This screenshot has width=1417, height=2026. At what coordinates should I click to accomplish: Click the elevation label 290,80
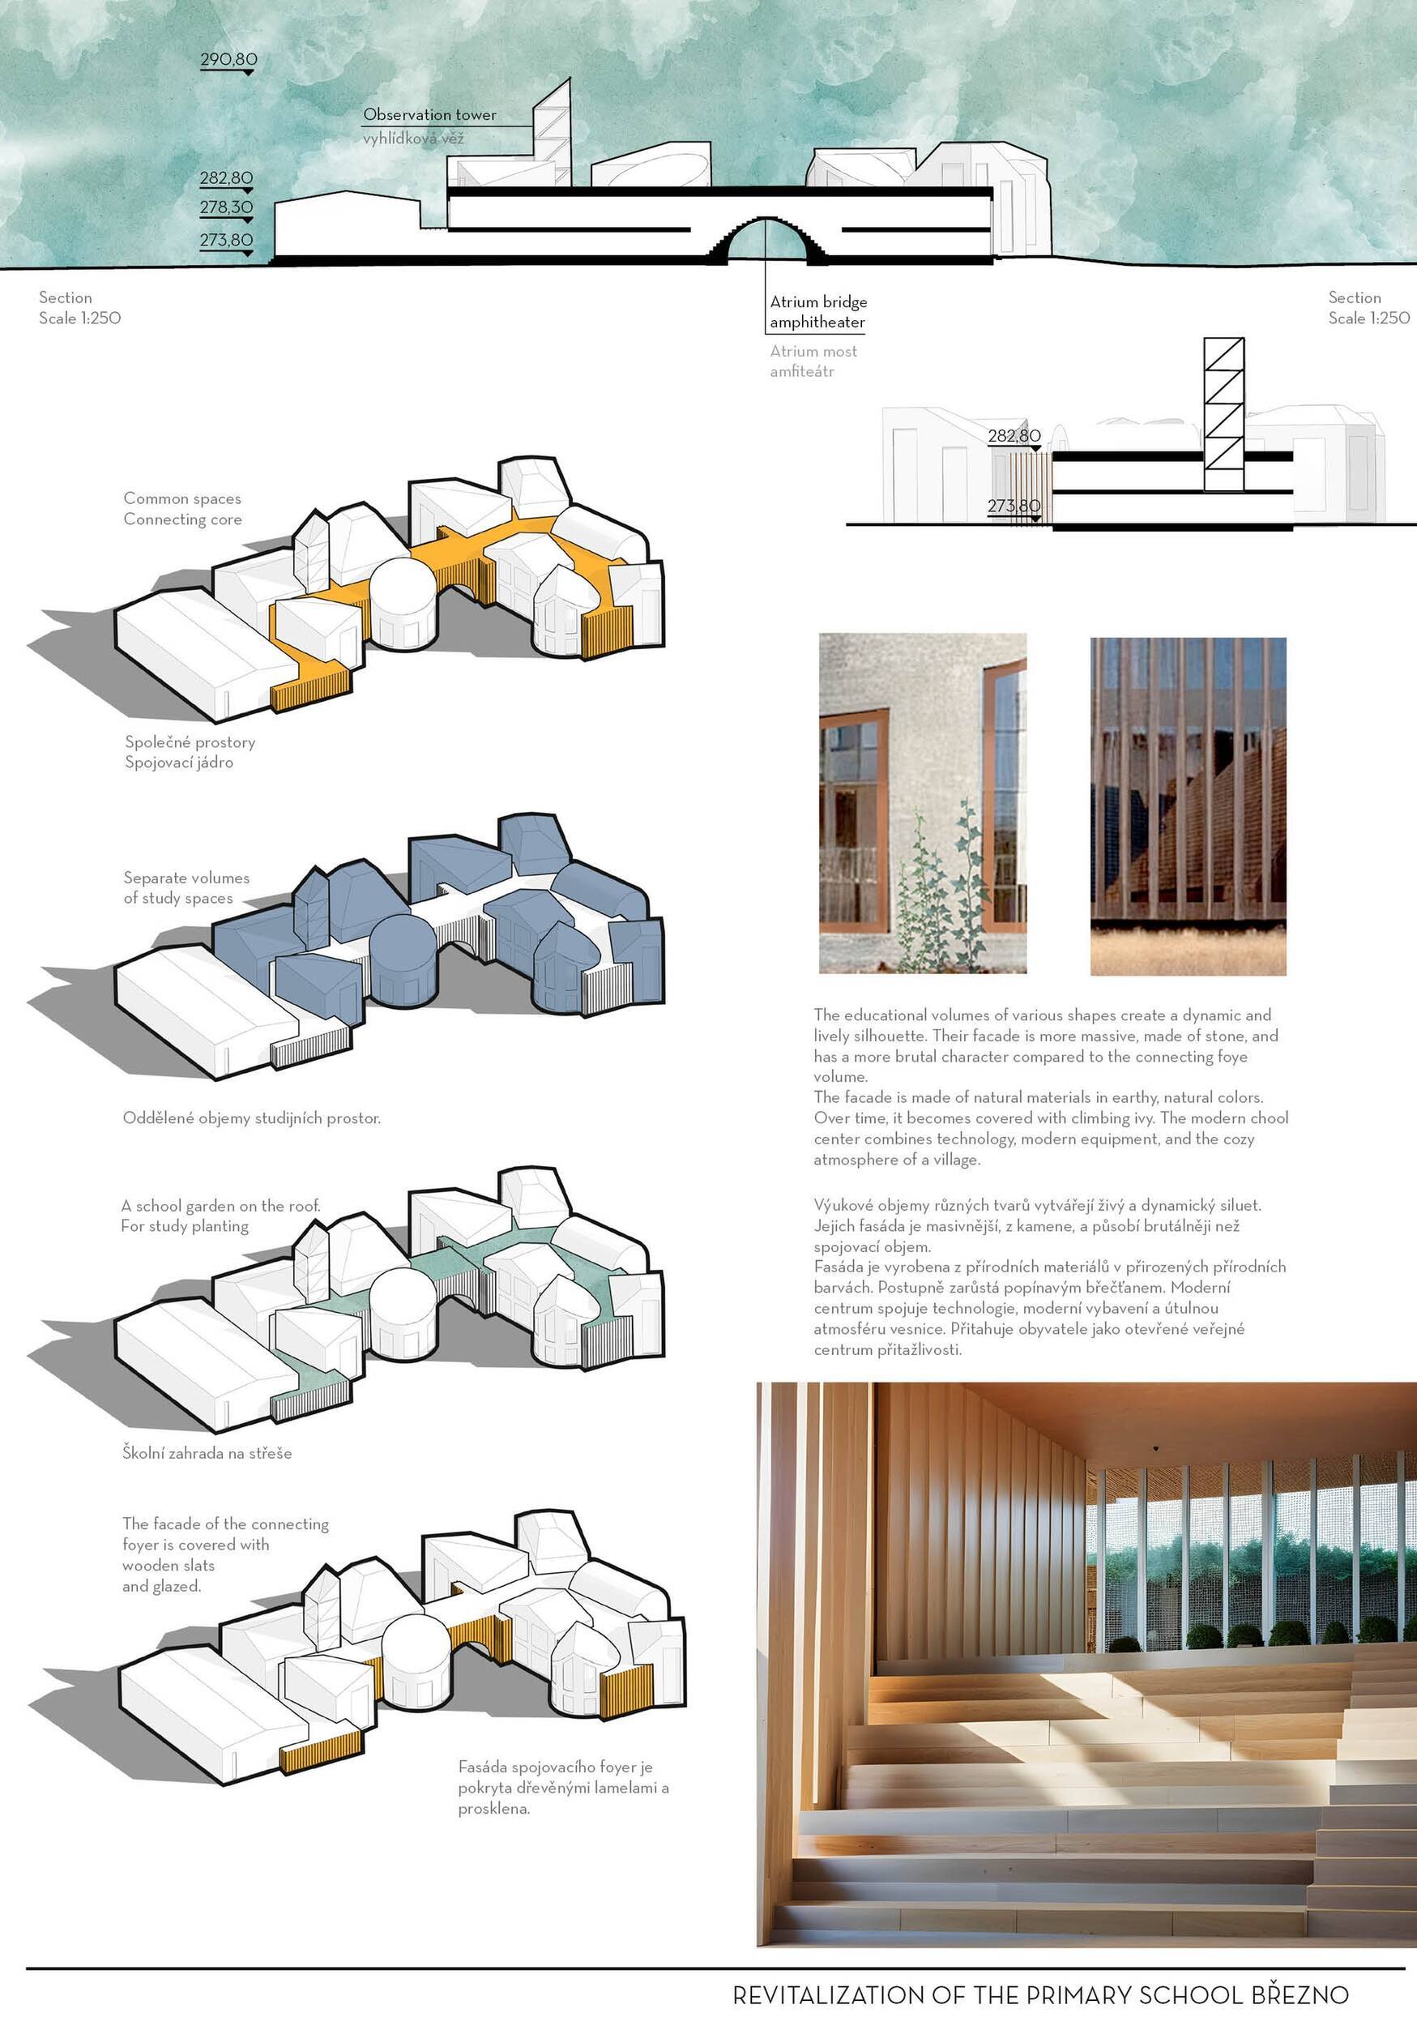(x=228, y=60)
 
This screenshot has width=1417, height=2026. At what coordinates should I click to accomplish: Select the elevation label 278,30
(x=226, y=207)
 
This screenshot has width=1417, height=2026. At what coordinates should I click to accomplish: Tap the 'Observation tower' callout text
(x=429, y=115)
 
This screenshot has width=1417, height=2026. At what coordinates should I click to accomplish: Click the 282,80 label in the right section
(x=1014, y=436)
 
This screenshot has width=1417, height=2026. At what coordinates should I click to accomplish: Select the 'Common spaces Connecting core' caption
(x=181, y=509)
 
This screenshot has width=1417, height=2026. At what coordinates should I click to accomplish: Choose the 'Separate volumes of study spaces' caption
(x=186, y=887)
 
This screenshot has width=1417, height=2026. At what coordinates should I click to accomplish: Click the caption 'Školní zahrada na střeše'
(x=207, y=1453)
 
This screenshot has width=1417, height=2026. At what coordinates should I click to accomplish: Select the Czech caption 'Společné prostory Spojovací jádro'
(x=190, y=752)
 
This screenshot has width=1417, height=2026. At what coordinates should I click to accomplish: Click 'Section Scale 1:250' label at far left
(x=79, y=308)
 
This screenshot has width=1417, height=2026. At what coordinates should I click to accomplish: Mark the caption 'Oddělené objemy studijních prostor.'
(x=251, y=1119)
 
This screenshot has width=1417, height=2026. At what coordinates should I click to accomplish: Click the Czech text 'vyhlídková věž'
(x=413, y=139)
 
